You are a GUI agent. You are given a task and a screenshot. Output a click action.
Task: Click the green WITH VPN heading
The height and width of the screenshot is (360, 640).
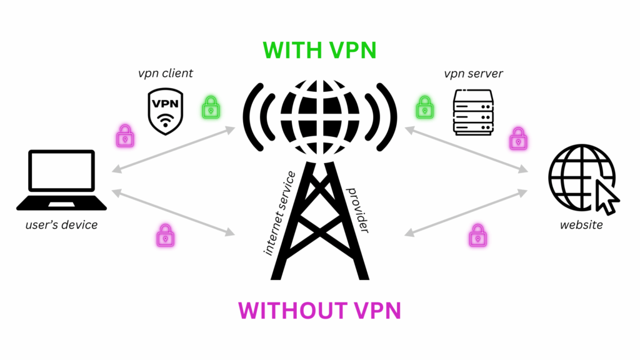click(319, 50)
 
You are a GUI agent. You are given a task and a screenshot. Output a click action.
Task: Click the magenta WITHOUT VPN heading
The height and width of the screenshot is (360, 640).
click(319, 310)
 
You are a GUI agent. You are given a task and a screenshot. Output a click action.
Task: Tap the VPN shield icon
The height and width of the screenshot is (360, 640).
click(165, 111)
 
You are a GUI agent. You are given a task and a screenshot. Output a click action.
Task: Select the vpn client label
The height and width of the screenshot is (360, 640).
click(165, 74)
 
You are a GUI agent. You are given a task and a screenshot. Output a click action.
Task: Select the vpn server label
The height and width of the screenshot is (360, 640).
click(473, 74)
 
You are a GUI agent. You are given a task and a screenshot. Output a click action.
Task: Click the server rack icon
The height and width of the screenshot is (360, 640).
click(473, 111)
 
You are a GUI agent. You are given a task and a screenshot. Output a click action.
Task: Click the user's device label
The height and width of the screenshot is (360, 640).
click(61, 224)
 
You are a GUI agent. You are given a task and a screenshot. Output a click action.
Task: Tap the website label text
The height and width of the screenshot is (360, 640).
click(581, 224)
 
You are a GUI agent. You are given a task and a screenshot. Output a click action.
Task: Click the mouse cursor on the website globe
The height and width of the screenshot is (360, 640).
click(607, 198)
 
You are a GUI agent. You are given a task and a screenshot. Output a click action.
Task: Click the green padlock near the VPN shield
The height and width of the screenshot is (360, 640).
click(211, 107)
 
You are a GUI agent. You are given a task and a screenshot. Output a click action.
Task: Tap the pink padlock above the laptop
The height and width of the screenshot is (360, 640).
click(126, 135)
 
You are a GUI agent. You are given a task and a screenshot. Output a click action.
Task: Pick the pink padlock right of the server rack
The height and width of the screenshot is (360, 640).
click(518, 138)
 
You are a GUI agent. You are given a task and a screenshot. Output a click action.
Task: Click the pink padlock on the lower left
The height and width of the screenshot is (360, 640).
click(165, 235)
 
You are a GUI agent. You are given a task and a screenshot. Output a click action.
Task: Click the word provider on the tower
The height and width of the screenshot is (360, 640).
click(357, 209)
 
